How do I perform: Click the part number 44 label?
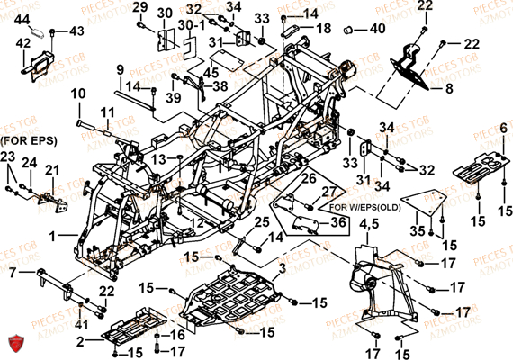click(x=22, y=19)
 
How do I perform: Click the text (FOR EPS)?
click(x=26, y=141)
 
